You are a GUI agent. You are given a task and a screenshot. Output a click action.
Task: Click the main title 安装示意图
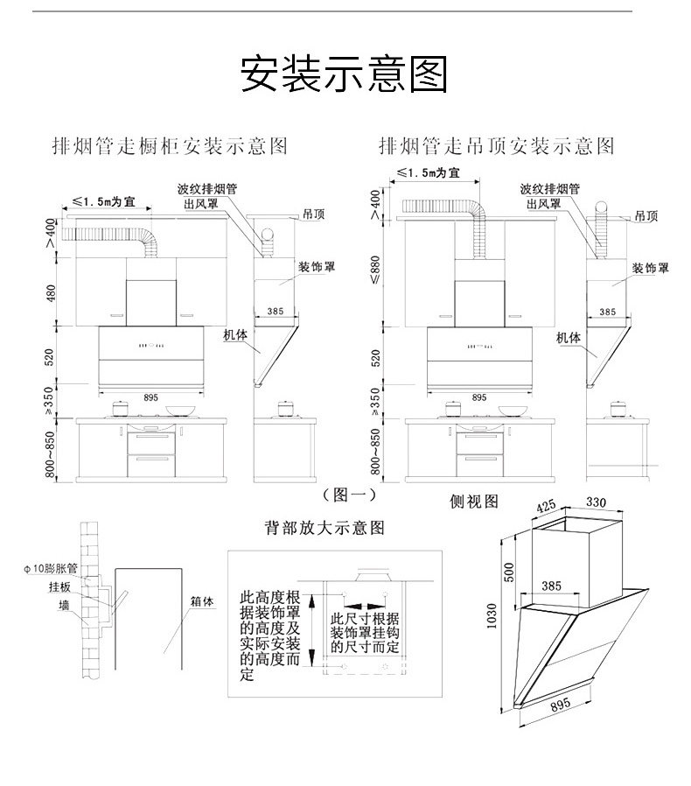tap(344, 74)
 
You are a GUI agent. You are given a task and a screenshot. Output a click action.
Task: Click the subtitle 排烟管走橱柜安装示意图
tap(170, 145)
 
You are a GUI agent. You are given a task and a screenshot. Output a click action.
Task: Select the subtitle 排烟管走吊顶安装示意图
tap(496, 145)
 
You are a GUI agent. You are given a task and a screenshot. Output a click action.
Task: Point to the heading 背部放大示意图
tap(325, 528)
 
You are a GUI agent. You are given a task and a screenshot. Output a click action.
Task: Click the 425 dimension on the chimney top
tap(546, 506)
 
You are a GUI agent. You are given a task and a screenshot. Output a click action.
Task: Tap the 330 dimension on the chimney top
tap(595, 502)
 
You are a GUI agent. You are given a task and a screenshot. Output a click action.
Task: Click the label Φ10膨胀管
tap(52, 568)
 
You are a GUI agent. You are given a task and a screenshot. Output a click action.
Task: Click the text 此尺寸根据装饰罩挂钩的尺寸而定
tap(364, 633)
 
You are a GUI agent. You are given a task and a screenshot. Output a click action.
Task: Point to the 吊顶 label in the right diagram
tap(646, 214)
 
